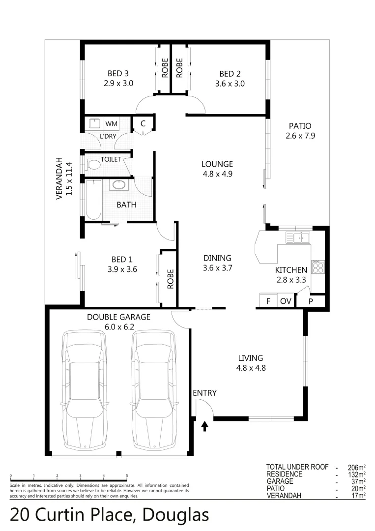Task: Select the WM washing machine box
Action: click(x=111, y=123)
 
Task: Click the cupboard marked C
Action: click(x=143, y=123)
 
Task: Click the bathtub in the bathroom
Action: click(x=93, y=199)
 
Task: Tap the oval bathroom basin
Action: click(x=119, y=185)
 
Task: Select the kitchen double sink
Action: click(x=298, y=238)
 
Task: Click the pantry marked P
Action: click(x=311, y=301)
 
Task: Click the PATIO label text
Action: click(x=300, y=126)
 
